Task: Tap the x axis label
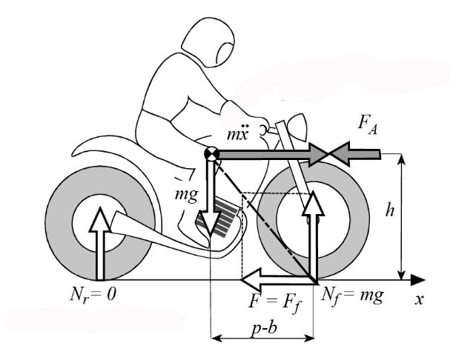[419, 300]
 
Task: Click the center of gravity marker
[211, 154]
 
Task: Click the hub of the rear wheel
[99, 220]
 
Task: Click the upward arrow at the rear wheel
[99, 241]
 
